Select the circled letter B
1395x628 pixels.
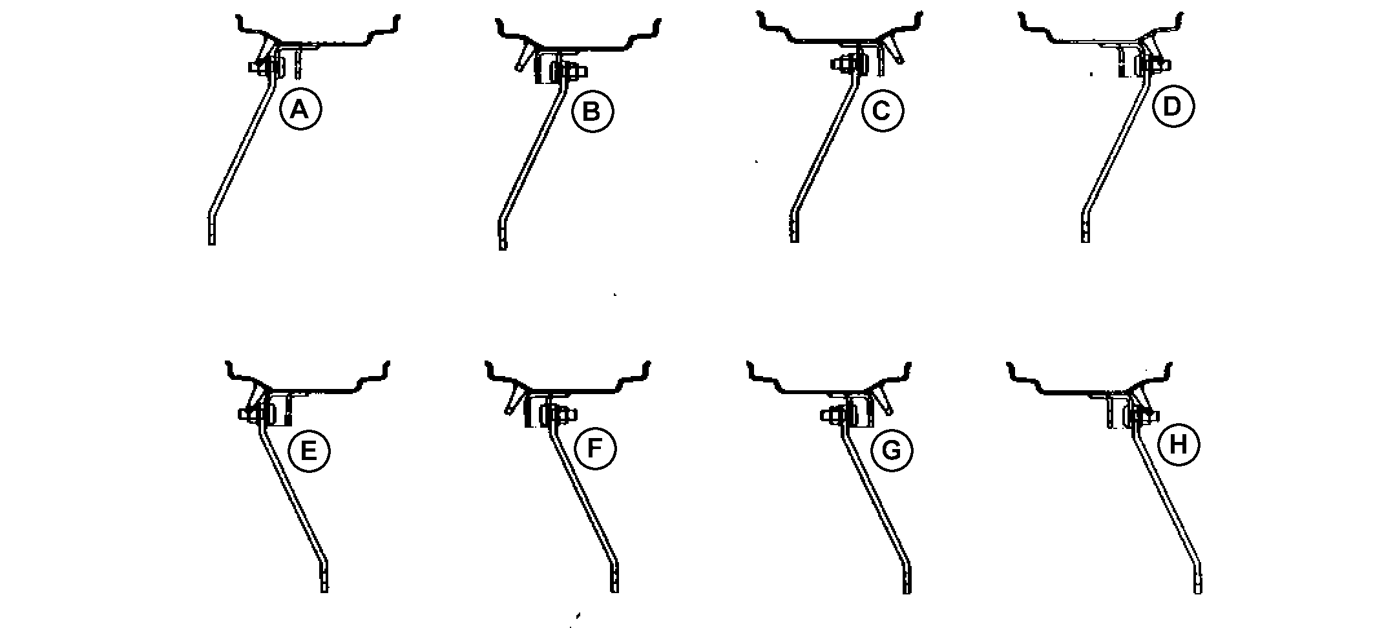click(592, 112)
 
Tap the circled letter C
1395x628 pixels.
click(882, 111)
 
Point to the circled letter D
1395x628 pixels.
click(1173, 107)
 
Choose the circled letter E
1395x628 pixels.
click(309, 450)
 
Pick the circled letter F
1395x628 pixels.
click(595, 448)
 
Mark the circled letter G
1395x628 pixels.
click(892, 450)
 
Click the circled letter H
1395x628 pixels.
click(1179, 445)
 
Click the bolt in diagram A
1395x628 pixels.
click(266, 66)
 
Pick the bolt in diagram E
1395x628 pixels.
click(256, 413)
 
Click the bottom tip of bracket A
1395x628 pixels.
click(211, 244)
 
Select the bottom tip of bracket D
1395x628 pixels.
click(1086, 242)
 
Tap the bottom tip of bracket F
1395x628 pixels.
click(614, 591)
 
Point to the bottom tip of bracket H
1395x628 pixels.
click(1197, 592)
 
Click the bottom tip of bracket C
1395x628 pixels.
click(795, 242)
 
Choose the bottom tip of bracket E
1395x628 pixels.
click(324, 591)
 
